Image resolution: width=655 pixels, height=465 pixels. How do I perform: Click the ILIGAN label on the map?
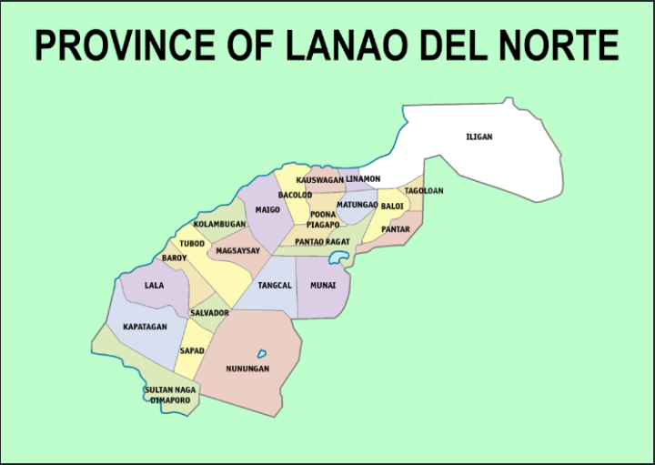click(x=479, y=137)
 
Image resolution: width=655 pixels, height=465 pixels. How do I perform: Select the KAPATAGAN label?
click(x=145, y=326)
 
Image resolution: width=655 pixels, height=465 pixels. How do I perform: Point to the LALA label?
click(x=154, y=285)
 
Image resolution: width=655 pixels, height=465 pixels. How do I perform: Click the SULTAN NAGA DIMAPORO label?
click(x=169, y=395)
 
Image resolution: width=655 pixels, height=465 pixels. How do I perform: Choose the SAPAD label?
click(x=192, y=350)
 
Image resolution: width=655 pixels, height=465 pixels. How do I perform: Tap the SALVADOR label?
click(x=209, y=313)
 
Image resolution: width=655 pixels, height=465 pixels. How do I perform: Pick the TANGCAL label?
click(x=275, y=286)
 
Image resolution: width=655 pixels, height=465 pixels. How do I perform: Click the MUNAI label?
click(x=323, y=286)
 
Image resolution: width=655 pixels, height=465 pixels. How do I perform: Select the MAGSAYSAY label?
click(x=237, y=250)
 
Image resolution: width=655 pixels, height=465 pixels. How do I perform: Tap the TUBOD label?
click(x=191, y=244)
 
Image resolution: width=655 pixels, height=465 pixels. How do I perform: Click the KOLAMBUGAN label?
click(x=219, y=224)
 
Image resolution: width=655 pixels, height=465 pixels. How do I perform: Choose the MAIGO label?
click(x=267, y=209)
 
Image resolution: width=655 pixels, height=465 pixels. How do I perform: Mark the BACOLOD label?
click(x=295, y=195)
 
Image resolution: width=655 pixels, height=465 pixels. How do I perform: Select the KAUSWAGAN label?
click(x=320, y=180)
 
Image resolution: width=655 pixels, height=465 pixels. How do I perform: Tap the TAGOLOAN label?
click(x=423, y=191)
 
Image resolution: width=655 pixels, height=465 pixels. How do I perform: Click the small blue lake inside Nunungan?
click(x=262, y=353)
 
